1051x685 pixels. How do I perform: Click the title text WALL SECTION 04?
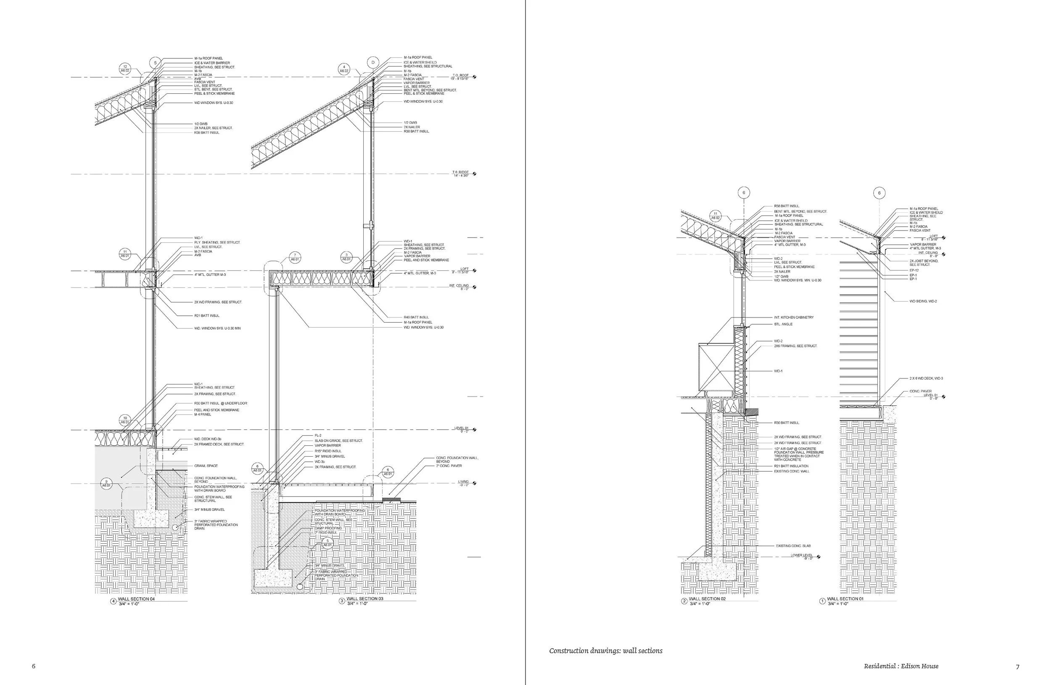137,599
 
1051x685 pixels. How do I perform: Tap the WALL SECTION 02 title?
707,599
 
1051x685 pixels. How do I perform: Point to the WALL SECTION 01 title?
845,599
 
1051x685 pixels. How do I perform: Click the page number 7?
1018,666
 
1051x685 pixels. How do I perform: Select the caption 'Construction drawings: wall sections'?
605,651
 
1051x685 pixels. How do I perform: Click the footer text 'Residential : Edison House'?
901,666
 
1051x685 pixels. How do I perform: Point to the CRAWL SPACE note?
206,466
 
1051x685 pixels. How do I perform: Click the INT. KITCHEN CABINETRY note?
794,317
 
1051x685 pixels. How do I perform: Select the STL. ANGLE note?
783,324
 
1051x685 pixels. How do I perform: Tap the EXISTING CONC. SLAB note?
793,546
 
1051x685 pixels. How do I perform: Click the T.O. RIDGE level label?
460,172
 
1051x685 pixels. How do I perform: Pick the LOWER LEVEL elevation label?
802,555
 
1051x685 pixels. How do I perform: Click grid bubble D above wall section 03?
373,63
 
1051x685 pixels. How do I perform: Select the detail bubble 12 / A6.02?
125,69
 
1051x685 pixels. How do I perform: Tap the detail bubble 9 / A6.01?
106,483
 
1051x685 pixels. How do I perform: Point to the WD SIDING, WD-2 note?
922,301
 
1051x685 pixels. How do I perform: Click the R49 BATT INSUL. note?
416,317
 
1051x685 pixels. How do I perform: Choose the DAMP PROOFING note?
327,528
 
